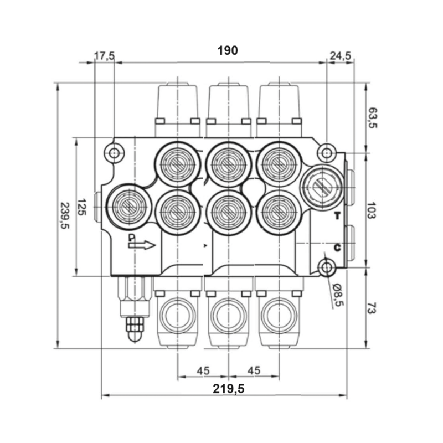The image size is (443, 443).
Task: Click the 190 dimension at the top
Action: (x=227, y=50)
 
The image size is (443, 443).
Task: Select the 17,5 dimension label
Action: (x=104, y=55)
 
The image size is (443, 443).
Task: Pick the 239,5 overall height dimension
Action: (x=65, y=216)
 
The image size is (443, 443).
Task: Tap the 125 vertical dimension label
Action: (x=81, y=207)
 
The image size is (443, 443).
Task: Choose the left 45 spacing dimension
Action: (x=203, y=370)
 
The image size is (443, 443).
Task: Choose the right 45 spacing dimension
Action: (x=254, y=370)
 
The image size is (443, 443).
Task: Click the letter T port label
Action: (x=337, y=217)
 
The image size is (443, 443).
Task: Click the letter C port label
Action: (x=337, y=247)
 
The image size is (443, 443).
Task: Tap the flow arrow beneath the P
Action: (x=143, y=245)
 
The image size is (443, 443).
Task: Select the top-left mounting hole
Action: (x=115, y=152)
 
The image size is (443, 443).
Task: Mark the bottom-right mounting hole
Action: (x=326, y=269)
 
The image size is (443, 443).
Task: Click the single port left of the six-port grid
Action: (x=127, y=207)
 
